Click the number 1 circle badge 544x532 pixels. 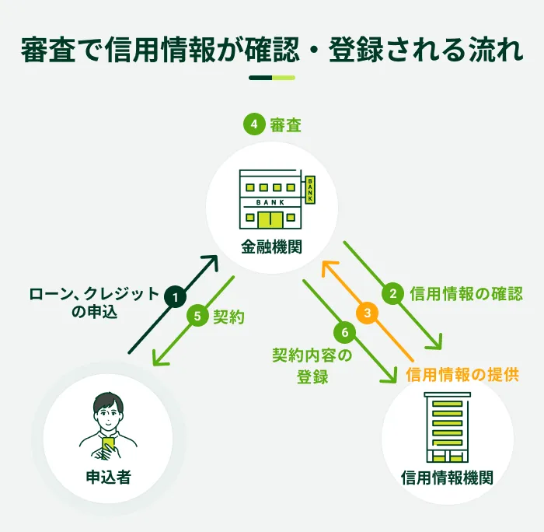[176, 296]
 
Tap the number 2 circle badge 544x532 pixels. [394, 294]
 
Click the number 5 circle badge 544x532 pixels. [197, 317]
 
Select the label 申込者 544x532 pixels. [108, 475]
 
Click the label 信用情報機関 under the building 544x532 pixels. [447, 477]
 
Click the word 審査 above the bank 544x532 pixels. [285, 124]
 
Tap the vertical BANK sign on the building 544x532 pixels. [310, 190]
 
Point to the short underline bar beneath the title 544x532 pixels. [271, 78]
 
